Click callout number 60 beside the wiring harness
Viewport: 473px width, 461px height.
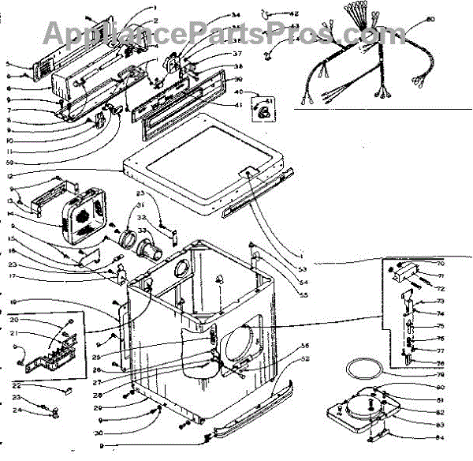(452, 18)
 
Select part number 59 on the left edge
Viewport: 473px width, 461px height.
(9, 163)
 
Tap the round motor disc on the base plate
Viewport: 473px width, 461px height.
(365, 405)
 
